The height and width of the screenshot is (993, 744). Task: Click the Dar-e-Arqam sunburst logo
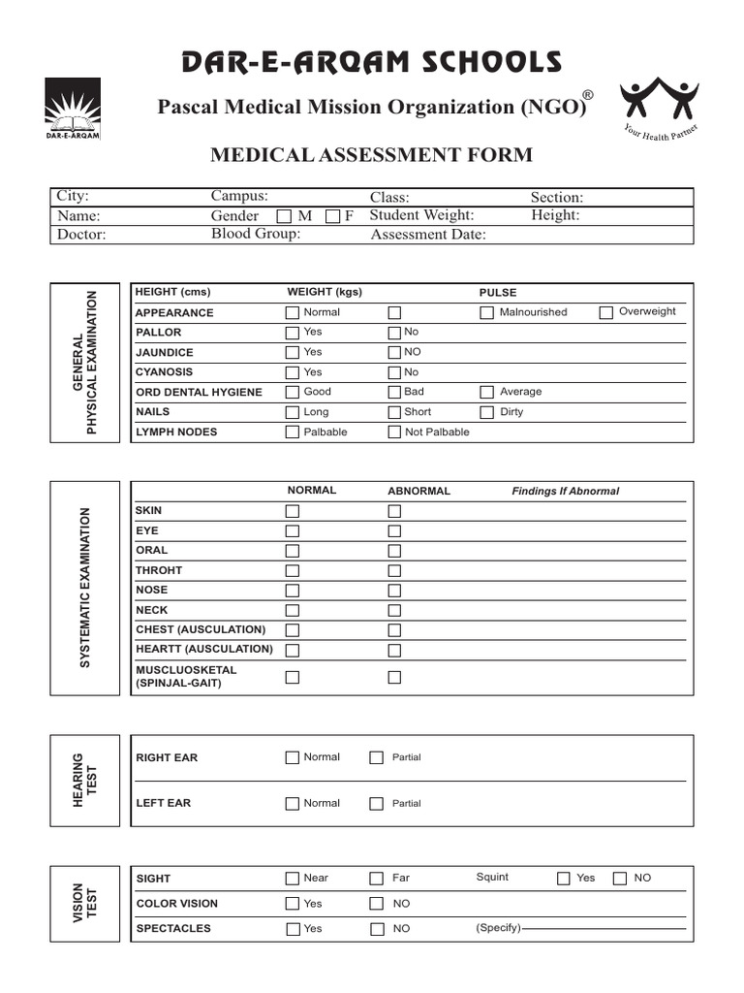point(73,107)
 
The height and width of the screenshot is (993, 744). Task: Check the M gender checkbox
point(285,216)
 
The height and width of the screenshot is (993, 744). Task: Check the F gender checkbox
point(332,216)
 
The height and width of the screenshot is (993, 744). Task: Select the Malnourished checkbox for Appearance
point(487,312)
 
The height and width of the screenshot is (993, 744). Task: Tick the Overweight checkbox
point(606,312)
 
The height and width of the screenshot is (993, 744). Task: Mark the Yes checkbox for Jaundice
point(292,353)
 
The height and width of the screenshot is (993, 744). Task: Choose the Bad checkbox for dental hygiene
point(394,393)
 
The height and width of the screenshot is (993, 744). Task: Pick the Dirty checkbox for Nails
point(487,412)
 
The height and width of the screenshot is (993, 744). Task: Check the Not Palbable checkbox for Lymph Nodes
point(394,432)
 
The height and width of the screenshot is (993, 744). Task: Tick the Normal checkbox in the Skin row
point(292,511)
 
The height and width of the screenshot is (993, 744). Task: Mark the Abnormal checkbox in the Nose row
point(394,591)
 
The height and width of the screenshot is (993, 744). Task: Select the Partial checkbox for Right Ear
point(376,758)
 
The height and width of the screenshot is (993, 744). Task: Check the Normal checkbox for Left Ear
point(292,804)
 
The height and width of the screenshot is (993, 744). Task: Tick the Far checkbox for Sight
point(376,879)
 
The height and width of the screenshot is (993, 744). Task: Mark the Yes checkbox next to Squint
point(564,879)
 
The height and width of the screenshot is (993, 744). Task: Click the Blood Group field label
point(256,234)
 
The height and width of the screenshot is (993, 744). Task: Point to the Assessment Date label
point(428,235)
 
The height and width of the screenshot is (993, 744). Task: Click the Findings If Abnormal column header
point(565,492)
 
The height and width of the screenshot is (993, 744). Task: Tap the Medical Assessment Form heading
point(371,155)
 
